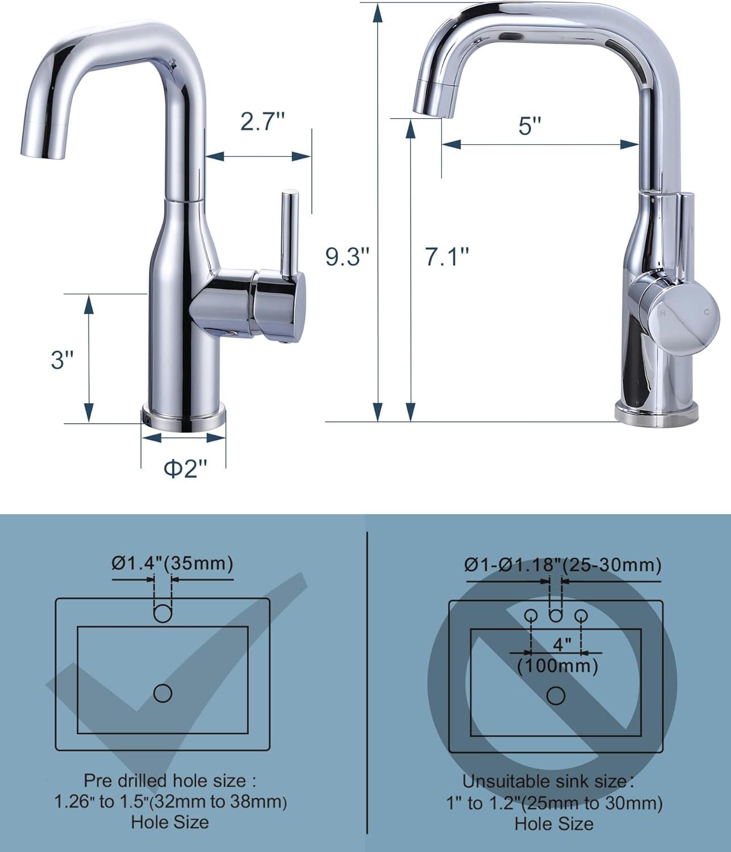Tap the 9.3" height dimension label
[x=347, y=256]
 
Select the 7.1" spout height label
[x=447, y=256]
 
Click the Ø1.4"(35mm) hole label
[x=173, y=563]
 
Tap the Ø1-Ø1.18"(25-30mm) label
[x=563, y=565]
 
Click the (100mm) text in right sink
[x=558, y=665]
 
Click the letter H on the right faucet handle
[x=662, y=313]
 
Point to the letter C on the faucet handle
[x=707, y=312]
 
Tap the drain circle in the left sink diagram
[x=163, y=693]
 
